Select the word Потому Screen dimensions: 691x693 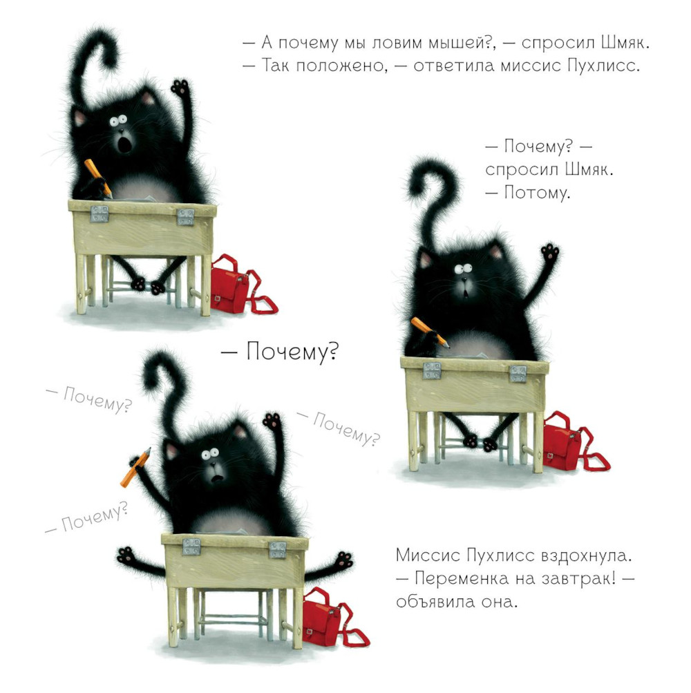536,193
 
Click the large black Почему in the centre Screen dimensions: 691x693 292,352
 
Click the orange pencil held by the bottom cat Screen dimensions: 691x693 135,467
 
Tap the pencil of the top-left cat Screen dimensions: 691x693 98,178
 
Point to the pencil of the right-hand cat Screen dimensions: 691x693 430,332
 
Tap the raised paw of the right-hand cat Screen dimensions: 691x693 550,252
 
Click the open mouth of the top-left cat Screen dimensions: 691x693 126,144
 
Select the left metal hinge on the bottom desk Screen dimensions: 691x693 191,547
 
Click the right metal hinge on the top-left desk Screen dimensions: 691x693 186,217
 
